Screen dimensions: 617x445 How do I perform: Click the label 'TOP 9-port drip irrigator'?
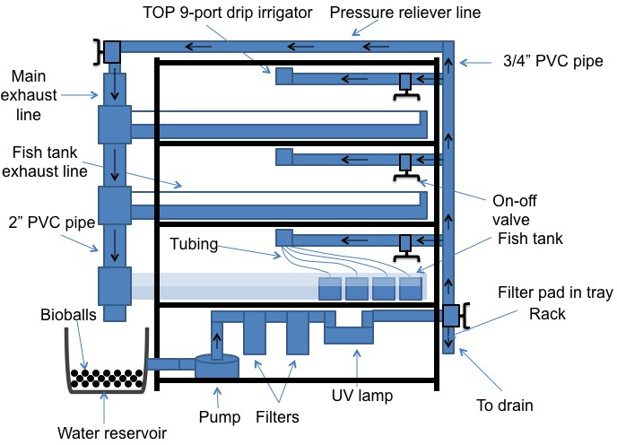point(228,13)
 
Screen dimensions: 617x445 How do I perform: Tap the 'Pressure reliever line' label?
point(405,13)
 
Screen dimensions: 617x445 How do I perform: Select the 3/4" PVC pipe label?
point(552,61)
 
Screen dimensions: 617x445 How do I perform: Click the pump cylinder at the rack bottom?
point(217,365)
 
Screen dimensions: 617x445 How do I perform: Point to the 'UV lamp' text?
point(362,395)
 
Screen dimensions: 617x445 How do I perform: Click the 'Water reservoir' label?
point(112,432)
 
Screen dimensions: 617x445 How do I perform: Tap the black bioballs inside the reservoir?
point(107,378)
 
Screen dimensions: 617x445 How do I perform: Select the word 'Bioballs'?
point(68,315)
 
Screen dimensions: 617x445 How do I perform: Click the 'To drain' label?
point(505,405)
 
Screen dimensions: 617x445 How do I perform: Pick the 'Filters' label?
point(277,416)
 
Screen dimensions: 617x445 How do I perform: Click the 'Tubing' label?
point(194,244)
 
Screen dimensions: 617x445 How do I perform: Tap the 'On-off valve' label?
point(514,210)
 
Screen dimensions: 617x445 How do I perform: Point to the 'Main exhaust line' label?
point(29,95)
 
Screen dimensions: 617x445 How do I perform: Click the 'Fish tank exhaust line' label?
point(45,161)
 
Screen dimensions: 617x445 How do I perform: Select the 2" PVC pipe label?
point(52,222)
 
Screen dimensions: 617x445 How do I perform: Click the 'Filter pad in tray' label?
point(555,292)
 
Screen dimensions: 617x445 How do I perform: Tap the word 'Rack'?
point(547,314)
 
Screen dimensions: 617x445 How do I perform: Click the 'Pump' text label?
point(220,416)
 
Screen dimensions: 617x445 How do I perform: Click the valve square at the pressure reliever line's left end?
point(112,52)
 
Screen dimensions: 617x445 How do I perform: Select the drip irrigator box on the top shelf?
point(283,76)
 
